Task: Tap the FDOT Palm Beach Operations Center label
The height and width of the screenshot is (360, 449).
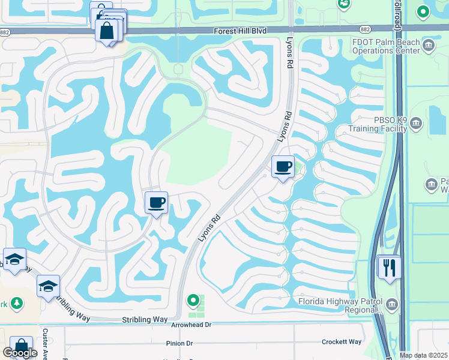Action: pyautogui.click(x=387, y=46)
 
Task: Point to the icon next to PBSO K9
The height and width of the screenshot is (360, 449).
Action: pyautogui.click(x=417, y=124)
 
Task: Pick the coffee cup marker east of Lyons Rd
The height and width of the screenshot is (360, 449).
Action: pyautogui.click(x=282, y=167)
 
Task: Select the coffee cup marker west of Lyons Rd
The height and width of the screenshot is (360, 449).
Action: pyautogui.click(x=156, y=203)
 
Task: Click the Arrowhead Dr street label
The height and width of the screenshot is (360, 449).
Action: pyautogui.click(x=191, y=325)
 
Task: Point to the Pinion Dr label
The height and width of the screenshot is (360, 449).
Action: pyautogui.click(x=179, y=343)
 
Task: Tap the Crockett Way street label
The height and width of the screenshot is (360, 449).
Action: pyautogui.click(x=342, y=341)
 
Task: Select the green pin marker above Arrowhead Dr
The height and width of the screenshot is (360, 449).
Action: pyautogui.click(x=193, y=299)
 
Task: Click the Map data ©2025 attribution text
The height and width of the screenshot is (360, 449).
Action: pyautogui.click(x=424, y=355)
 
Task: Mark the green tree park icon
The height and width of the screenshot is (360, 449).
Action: pyautogui.click(x=17, y=304)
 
